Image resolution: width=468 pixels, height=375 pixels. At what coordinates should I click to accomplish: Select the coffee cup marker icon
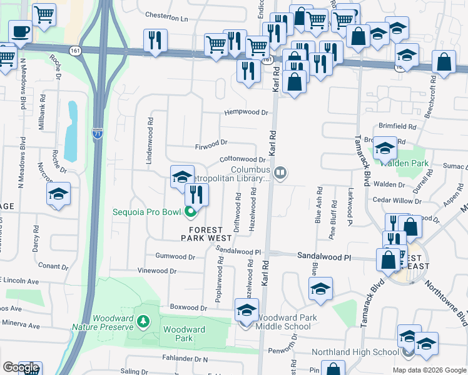21,31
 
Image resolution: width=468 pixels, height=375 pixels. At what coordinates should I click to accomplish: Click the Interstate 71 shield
97,132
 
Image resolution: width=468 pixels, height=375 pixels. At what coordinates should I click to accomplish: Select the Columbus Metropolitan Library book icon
281,172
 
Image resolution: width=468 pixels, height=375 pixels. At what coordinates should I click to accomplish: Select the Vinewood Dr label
157,271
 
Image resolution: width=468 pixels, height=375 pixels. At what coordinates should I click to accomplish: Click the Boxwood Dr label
188,307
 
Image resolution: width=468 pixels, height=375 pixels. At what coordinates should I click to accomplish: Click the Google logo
21,368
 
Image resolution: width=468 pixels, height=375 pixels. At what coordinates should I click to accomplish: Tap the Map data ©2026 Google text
429,370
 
